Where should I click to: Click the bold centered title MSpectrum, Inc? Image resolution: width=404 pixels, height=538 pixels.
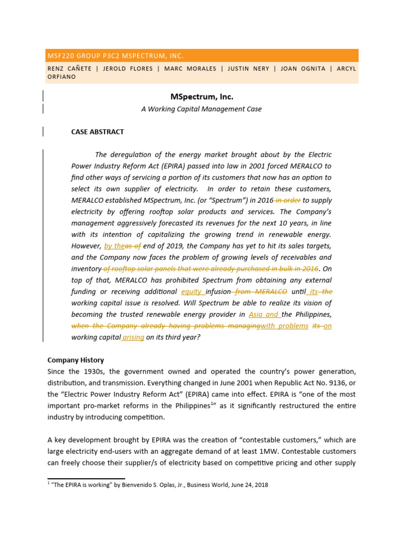[x=201, y=97]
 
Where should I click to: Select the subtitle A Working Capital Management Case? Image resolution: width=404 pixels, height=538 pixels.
[x=201, y=109]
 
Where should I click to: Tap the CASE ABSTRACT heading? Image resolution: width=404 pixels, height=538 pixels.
[x=98, y=132]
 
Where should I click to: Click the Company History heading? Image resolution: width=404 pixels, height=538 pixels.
[x=76, y=360]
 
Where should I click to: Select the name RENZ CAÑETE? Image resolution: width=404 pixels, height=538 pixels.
[x=69, y=68]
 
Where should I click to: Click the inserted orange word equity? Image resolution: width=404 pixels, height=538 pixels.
[x=191, y=292]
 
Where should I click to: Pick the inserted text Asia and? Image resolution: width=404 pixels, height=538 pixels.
[x=264, y=315]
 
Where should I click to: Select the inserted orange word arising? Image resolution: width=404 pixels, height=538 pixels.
[x=133, y=337]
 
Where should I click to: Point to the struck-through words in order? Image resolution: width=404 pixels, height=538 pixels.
[x=288, y=200]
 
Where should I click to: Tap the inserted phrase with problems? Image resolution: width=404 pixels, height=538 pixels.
[x=285, y=326]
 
